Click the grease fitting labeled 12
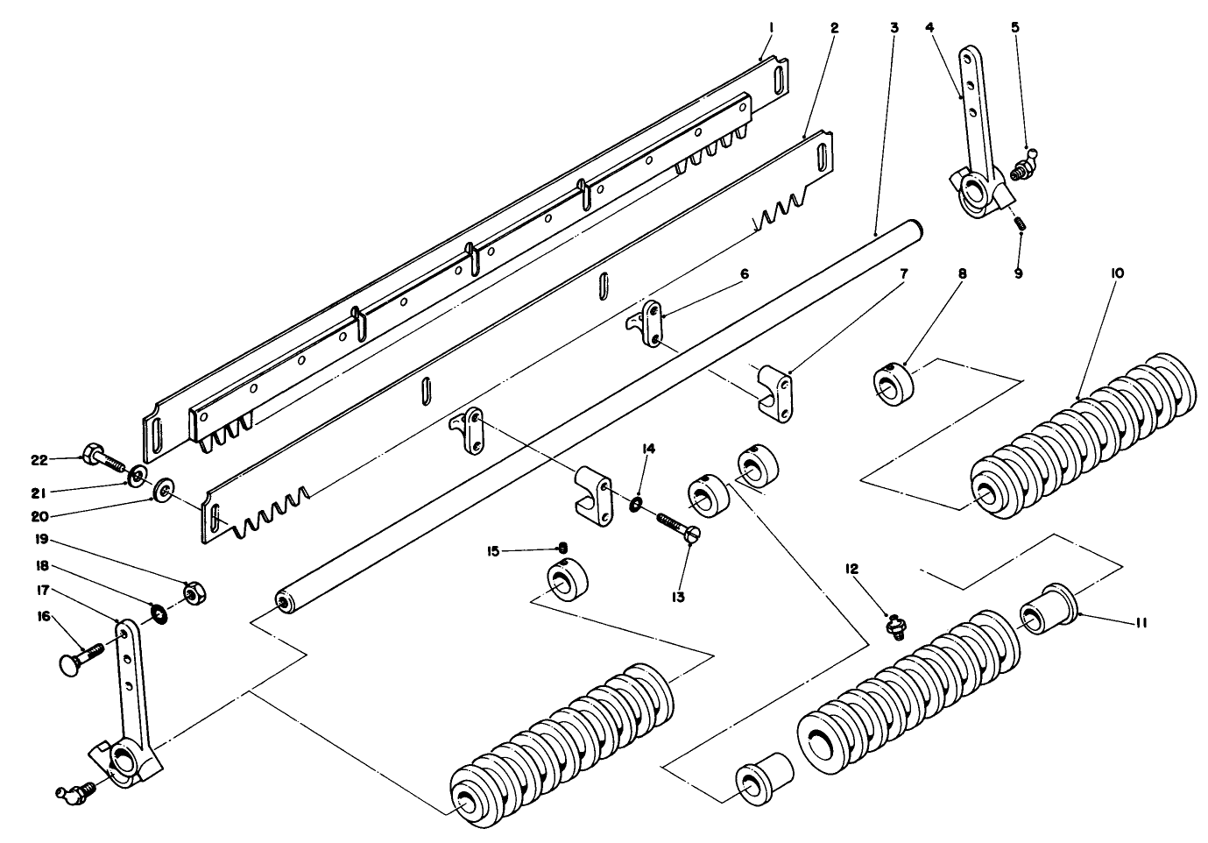(x=894, y=627)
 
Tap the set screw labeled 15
(x=563, y=549)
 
